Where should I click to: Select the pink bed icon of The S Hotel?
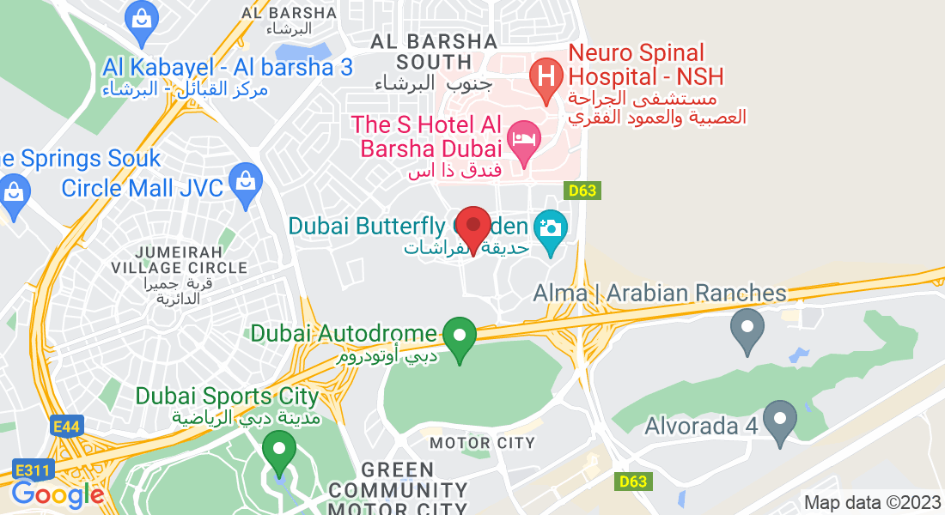(x=523, y=137)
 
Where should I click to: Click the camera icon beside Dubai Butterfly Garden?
(x=550, y=227)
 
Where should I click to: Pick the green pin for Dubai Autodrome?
(x=460, y=335)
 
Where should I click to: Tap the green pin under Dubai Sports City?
(x=278, y=449)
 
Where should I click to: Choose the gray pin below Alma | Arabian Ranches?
(x=747, y=327)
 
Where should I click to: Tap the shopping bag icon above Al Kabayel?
(x=139, y=18)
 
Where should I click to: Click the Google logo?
(x=58, y=495)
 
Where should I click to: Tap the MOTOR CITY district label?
(x=482, y=443)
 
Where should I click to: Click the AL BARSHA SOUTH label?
(x=434, y=51)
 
